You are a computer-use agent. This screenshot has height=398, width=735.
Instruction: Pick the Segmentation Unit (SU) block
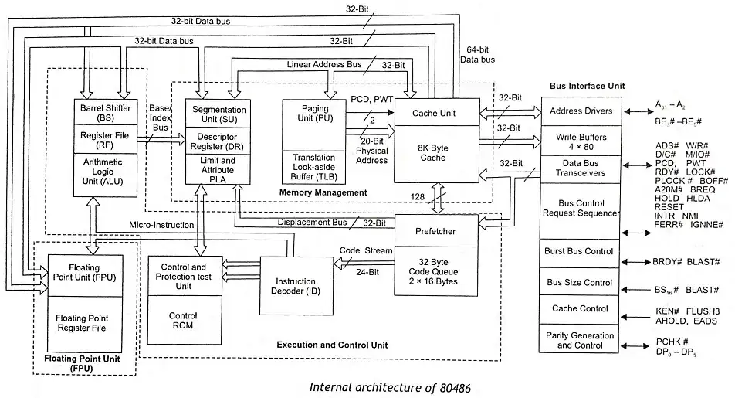(218, 115)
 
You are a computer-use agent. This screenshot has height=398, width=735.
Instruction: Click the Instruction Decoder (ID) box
(296, 284)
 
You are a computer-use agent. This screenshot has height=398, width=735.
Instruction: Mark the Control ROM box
(184, 321)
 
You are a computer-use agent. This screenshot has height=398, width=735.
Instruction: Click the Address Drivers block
(581, 111)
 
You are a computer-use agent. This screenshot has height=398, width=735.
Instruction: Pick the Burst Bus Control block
(581, 252)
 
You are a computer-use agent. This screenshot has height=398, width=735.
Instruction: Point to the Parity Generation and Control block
(581, 340)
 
